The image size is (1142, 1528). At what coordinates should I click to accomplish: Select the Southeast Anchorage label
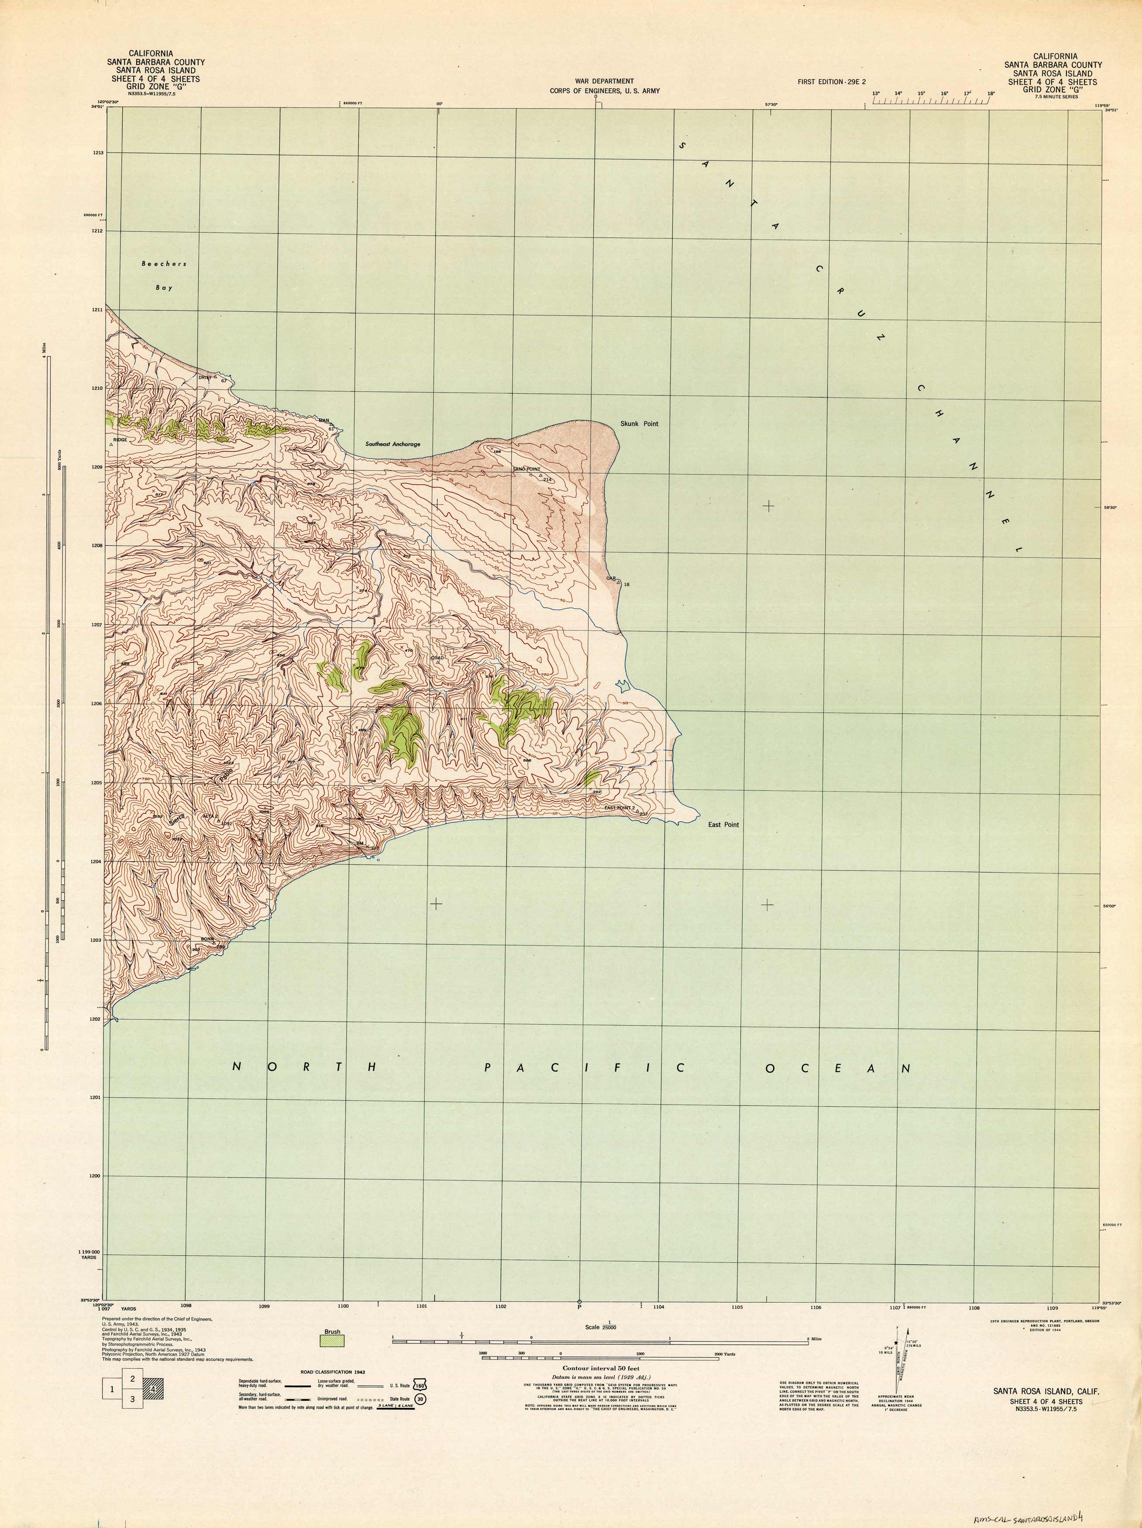pos(392,444)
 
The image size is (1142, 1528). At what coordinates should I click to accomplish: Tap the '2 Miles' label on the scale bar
pos(819,1340)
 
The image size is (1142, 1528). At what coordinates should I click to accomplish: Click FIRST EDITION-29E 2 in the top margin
pos(832,82)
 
